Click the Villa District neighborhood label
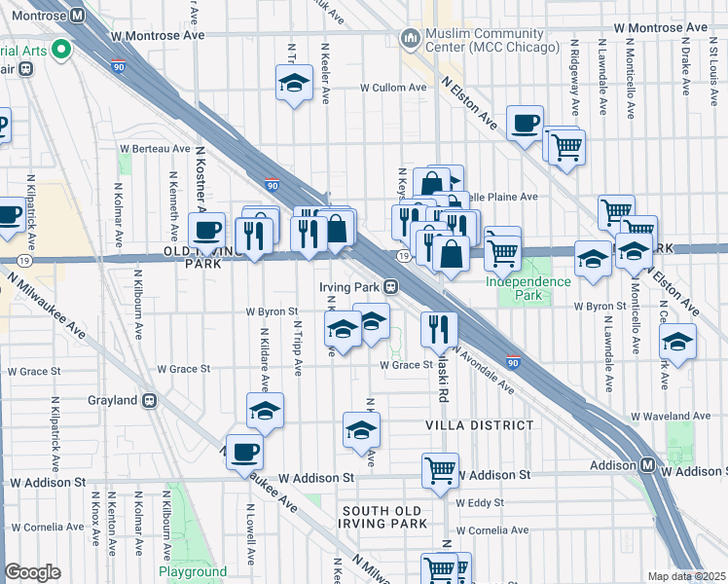479,425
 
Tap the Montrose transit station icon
78,16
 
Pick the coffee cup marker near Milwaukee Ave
244,452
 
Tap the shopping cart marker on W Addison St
440,471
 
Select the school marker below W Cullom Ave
293,85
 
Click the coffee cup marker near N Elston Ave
525,123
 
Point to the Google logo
32,572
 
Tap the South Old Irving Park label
384,517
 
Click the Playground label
193,572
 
